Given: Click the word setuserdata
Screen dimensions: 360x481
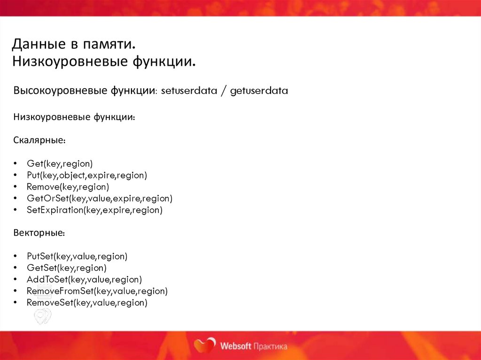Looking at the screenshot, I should [x=189, y=91].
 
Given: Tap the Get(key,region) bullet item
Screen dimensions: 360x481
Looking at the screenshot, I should [x=60, y=164].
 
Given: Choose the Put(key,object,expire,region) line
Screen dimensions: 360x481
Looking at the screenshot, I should [x=87, y=176].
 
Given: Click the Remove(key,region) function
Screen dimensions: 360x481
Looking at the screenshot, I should [x=68, y=187].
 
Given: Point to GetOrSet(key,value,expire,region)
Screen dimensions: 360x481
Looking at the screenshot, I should [x=100, y=199].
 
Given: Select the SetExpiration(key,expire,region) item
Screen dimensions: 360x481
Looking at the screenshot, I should [x=94, y=210].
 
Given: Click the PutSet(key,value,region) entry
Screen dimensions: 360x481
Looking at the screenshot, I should [x=77, y=256].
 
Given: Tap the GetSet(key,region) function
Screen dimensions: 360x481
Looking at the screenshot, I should [x=67, y=268].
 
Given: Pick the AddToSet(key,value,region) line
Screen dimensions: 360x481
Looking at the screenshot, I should [x=84, y=280].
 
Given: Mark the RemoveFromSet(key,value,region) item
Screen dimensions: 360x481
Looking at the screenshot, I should [x=97, y=291].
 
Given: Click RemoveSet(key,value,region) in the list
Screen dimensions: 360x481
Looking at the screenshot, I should [x=87, y=303].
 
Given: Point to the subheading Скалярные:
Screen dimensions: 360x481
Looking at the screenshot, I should [x=39, y=140].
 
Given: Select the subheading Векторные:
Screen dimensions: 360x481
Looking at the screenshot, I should [x=39, y=233].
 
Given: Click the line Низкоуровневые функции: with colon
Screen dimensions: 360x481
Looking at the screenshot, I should [x=74, y=117].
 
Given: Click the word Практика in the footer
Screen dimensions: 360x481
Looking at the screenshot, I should [x=270, y=346].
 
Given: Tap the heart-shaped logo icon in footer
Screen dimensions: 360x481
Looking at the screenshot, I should [x=205, y=346].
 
